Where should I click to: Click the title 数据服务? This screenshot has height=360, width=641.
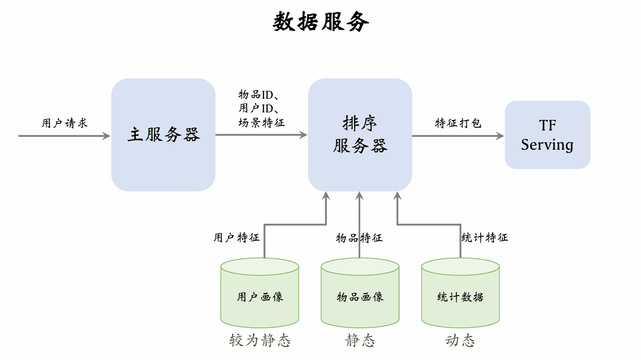click(x=320, y=22)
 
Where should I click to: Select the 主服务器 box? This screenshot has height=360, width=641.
click(x=163, y=135)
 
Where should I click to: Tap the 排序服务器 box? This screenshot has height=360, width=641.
click(x=360, y=135)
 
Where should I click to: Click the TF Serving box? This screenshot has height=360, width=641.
click(x=547, y=135)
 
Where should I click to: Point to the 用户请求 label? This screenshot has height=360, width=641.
click(x=64, y=123)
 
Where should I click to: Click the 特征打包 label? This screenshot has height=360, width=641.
click(x=458, y=123)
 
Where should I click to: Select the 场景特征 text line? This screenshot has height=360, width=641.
click(x=261, y=122)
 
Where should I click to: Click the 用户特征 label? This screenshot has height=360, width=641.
click(x=236, y=238)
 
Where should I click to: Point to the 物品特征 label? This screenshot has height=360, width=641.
click(x=359, y=238)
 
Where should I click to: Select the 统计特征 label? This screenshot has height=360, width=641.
click(x=485, y=238)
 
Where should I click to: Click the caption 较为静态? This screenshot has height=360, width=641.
click(x=260, y=340)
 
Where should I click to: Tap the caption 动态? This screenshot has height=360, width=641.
click(x=460, y=340)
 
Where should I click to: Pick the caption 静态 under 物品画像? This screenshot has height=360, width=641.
click(x=360, y=340)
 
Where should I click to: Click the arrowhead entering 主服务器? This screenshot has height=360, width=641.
click(x=106, y=136)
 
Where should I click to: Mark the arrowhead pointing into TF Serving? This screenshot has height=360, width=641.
click(x=500, y=136)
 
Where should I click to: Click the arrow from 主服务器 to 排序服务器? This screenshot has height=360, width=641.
click(x=261, y=135)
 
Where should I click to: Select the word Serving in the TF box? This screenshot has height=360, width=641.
click(x=547, y=145)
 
